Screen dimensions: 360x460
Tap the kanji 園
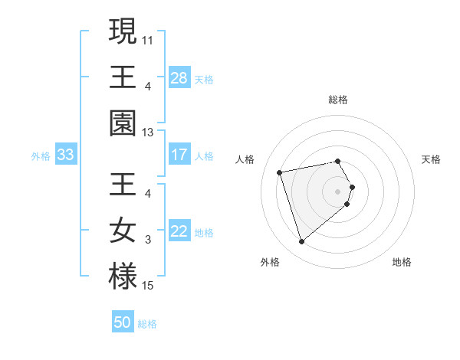pos(123,123)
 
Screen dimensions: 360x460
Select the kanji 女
pos(123,231)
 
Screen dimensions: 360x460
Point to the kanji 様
pos(123,276)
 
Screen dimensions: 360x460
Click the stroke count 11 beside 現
pos(148,38)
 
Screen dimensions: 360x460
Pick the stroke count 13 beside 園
pos(148,133)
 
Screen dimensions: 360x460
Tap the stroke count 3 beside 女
pos(148,240)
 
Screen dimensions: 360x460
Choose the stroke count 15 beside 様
pos(148,286)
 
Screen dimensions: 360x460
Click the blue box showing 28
pos(179,78)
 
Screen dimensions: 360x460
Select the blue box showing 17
pos(179,155)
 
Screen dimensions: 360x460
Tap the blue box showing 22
pos(179,232)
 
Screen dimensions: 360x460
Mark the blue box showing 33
pos(66,155)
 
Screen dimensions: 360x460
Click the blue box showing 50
pos(123,322)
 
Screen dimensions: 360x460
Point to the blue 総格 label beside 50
pos(148,324)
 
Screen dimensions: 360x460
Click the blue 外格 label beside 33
pos(41,156)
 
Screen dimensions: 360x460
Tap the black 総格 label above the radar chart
pos(338,100)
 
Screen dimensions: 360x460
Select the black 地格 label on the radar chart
pos(402,262)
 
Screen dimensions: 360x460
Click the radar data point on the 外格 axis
pos(301,242)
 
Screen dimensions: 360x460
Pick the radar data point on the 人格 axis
pos(280,172)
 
